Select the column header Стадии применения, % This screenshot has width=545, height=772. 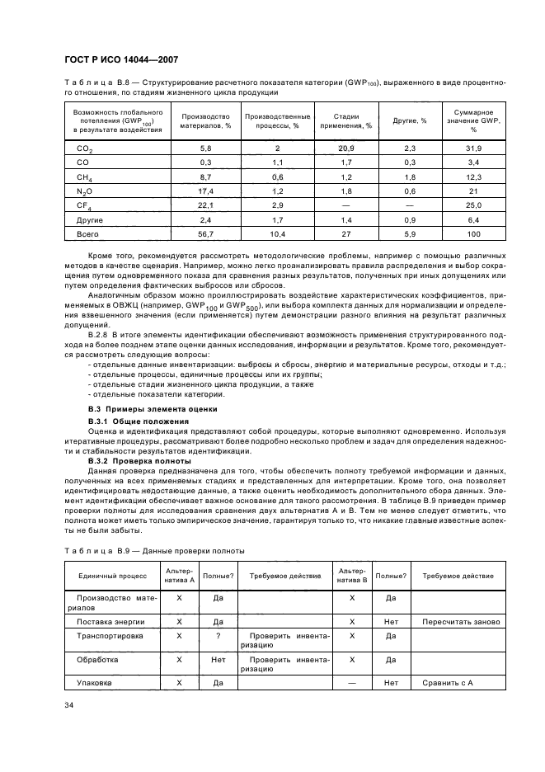click(352, 121)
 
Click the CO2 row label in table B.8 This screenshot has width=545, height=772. click(84, 148)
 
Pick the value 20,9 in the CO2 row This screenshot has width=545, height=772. click(347, 148)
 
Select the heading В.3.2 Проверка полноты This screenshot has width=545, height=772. click(139, 460)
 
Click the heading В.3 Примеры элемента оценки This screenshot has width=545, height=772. click(141, 408)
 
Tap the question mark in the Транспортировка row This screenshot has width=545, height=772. click(218, 636)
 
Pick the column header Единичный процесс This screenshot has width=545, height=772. click(112, 574)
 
